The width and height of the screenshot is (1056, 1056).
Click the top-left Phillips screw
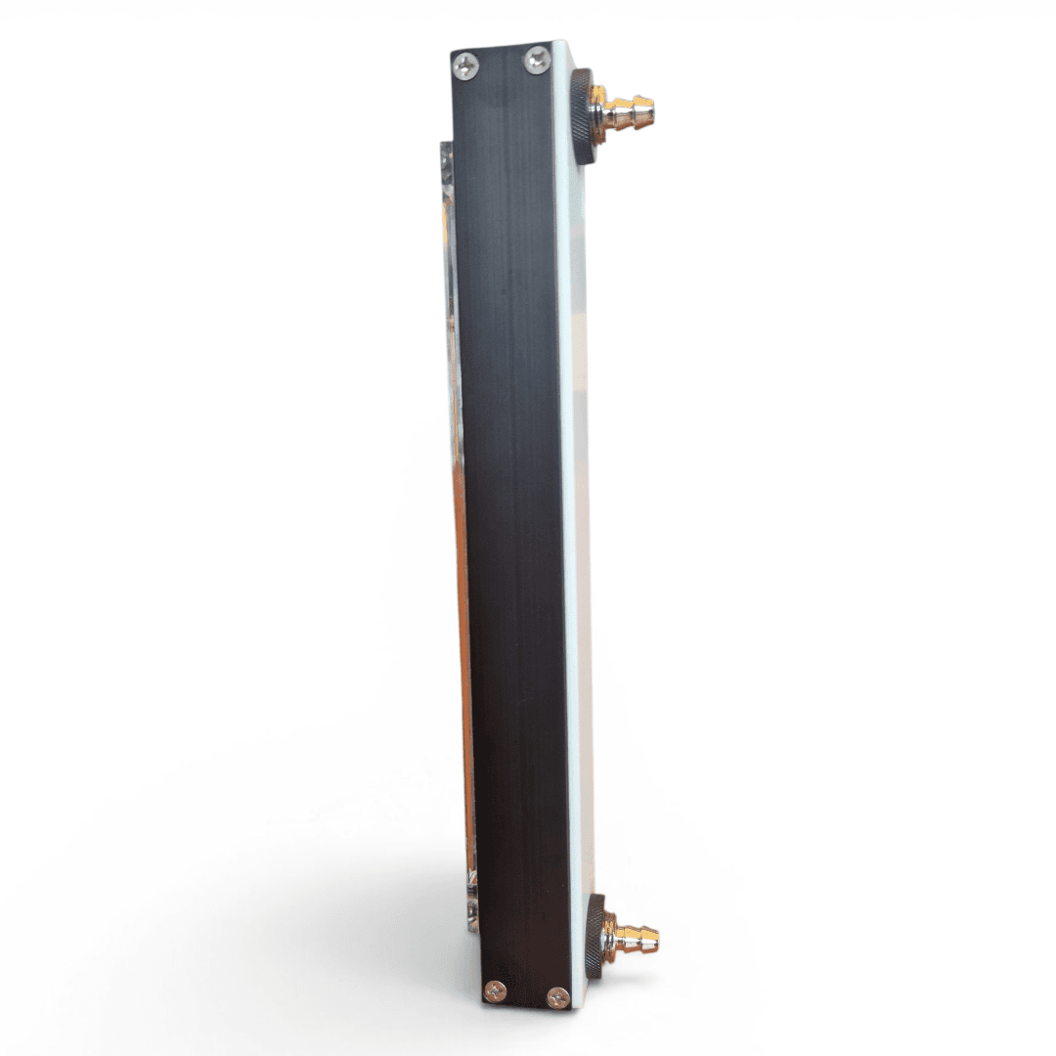pos(466,66)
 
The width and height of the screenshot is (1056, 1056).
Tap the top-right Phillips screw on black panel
pos(537,61)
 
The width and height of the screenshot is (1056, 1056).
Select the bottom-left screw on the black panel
pos(496,990)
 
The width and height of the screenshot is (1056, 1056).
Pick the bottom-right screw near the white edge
pos(558,997)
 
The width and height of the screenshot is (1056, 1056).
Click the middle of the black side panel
pos(510,528)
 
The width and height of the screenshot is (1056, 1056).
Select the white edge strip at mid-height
pos(577,528)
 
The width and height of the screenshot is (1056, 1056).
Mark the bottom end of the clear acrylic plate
pos(472,924)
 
